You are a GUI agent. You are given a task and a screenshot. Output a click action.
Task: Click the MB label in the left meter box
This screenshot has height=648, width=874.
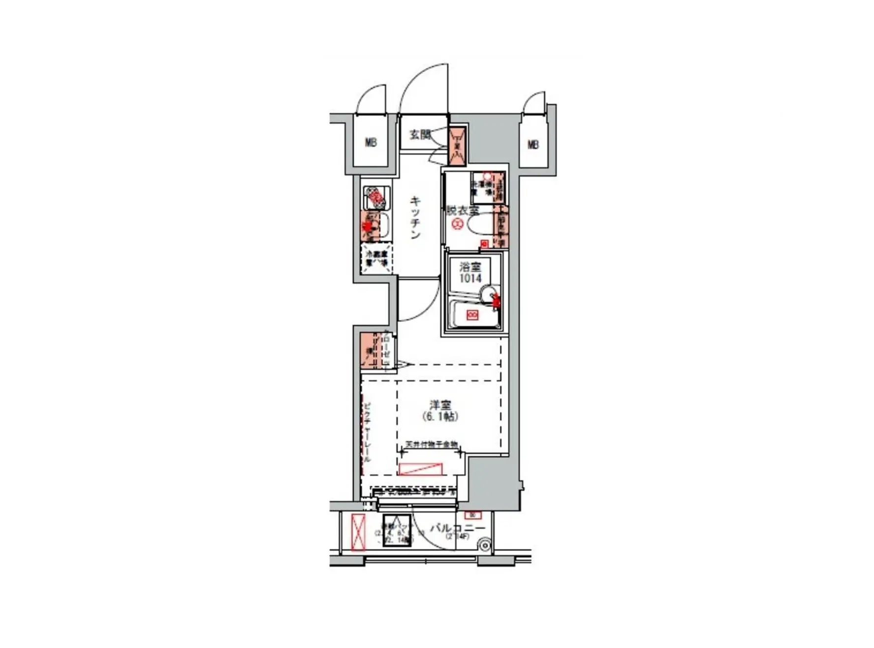point(371,143)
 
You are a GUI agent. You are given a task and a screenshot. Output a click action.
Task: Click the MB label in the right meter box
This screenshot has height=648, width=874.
point(533,145)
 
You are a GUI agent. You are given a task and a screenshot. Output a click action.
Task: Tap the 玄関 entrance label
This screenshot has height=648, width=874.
point(420,134)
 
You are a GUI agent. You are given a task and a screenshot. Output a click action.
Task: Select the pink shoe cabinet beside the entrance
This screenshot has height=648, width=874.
point(457,146)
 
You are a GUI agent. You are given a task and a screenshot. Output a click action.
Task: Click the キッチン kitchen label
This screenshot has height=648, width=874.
point(415,217)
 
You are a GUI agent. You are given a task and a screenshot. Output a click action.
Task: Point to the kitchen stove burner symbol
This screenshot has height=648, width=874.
point(376,198)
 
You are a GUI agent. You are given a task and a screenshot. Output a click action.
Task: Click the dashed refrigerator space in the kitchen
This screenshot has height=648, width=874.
point(376,259)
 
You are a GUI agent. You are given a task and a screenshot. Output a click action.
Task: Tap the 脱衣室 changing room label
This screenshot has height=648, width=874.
point(463,210)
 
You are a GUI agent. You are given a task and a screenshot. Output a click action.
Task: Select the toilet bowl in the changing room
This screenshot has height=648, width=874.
point(480,226)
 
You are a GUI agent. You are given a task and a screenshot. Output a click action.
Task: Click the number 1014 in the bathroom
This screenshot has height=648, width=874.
point(470,278)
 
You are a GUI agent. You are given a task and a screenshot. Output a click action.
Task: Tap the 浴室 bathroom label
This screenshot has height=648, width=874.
point(470,267)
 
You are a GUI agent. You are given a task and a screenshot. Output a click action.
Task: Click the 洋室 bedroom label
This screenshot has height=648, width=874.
point(440,405)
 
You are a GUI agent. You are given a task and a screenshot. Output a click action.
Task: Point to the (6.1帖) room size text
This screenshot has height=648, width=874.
point(440,417)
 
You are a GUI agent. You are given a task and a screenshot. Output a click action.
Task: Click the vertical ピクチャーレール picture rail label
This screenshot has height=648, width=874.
point(367,433)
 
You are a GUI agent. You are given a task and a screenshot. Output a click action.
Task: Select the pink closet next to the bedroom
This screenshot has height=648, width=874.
point(369,351)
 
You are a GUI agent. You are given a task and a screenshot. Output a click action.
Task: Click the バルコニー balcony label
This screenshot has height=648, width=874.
point(458,528)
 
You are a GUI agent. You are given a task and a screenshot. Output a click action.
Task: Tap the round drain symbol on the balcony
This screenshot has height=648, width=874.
point(485,545)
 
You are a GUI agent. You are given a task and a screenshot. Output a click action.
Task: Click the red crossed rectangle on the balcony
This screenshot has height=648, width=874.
point(358,532)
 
